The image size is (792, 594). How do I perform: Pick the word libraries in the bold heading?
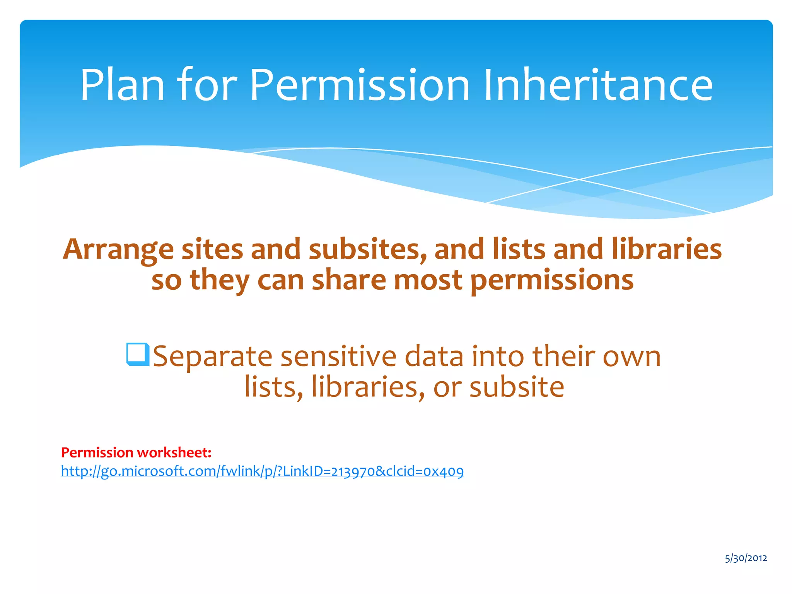[x=667, y=249]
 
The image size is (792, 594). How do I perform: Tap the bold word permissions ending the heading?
[x=552, y=280]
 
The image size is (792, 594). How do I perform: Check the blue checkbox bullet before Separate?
[x=137, y=354]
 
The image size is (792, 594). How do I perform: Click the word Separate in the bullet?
[x=212, y=357]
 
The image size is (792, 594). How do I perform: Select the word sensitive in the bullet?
[x=338, y=356]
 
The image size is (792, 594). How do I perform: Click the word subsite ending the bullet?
[x=517, y=387]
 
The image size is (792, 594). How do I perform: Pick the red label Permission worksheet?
[x=136, y=452]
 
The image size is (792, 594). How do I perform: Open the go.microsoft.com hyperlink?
[x=262, y=471]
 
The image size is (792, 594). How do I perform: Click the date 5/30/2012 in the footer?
[x=746, y=558]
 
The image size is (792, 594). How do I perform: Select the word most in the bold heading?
[x=428, y=280]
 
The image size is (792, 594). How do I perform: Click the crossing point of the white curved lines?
[x=579, y=179]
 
